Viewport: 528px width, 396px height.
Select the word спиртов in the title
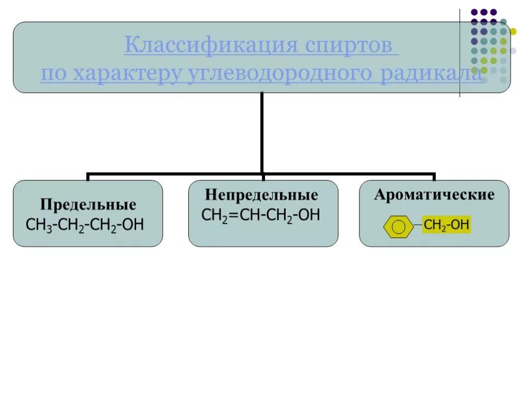tap(351, 46)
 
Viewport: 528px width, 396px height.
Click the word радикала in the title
tap(433, 74)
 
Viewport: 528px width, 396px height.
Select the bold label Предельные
tap(89, 205)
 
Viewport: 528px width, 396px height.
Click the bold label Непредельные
tap(261, 195)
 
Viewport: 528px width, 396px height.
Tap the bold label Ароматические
tap(434, 194)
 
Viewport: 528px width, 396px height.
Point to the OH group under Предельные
tap(133, 225)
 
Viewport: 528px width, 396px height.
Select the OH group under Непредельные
tap(309, 214)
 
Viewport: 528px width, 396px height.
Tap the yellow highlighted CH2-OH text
tap(447, 225)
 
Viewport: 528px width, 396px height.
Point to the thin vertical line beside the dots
tap(460, 52)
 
